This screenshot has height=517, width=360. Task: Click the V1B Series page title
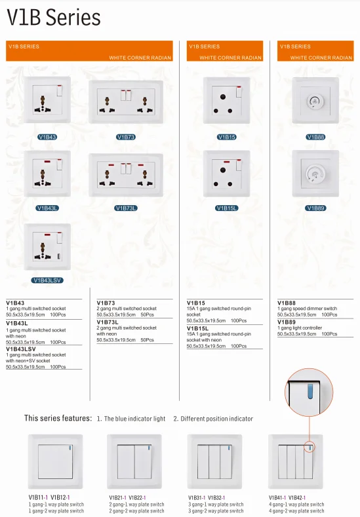coord(54,18)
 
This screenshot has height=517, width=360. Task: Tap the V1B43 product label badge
coord(47,137)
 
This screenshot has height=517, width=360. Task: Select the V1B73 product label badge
coord(125,137)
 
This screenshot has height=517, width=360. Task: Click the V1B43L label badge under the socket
coord(47,208)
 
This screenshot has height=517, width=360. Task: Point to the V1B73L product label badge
coord(125,208)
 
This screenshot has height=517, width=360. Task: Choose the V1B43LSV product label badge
coord(47,280)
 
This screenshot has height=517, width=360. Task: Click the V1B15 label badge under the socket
coord(226,137)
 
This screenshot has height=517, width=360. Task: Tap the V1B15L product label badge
coord(226,208)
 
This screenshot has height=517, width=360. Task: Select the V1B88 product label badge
coord(315,137)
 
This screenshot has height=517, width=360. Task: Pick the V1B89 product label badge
coord(315,208)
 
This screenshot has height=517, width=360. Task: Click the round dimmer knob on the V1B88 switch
coord(315,101)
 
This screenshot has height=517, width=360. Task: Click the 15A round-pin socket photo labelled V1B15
coord(226,100)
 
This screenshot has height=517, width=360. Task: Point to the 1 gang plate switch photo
coord(55,461)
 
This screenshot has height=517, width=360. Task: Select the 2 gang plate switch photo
coord(134,461)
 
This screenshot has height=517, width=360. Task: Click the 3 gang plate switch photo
coord(214,461)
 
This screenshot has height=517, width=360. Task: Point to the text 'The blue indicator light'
coord(134,418)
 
